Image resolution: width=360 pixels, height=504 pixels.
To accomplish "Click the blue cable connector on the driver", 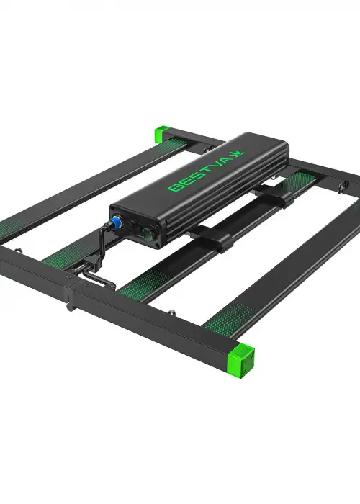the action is coord(114,221).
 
